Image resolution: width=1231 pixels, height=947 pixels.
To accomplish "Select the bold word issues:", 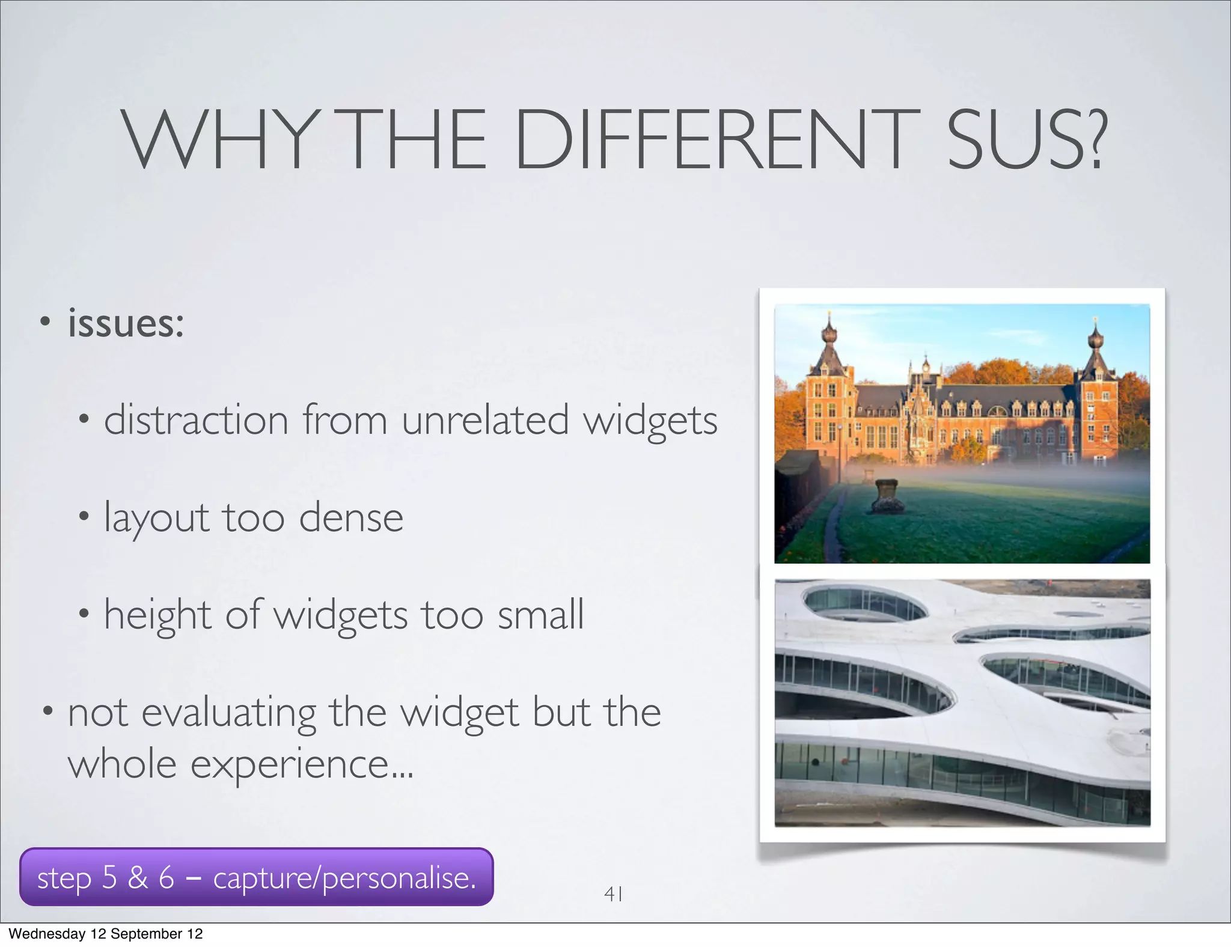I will click(x=126, y=323).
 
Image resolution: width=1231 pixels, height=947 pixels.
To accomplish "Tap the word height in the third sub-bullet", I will click(x=157, y=615).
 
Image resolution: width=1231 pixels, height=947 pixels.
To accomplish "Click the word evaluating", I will click(x=228, y=713).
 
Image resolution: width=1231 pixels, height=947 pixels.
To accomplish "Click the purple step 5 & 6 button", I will click(x=257, y=877).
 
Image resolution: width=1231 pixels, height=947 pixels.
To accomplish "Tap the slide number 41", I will click(x=613, y=894).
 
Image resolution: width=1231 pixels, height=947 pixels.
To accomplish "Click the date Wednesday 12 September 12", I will click(x=106, y=934).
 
